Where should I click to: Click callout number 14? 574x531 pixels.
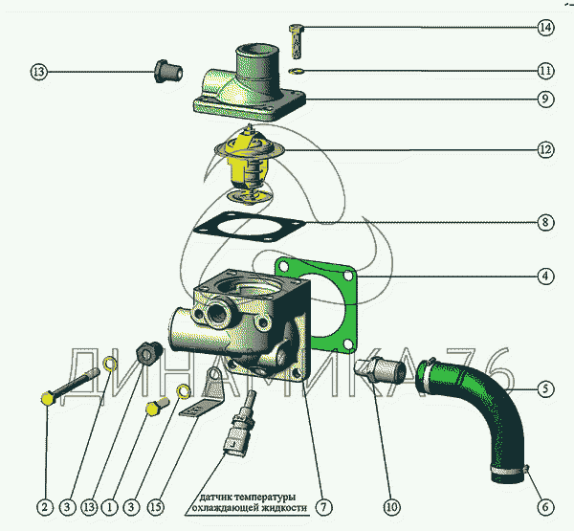tap(545, 28)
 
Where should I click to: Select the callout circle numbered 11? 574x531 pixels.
tap(545, 70)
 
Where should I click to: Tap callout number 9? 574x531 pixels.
tap(545, 99)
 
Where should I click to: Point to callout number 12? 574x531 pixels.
tap(545, 149)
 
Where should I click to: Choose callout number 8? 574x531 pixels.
tap(545, 223)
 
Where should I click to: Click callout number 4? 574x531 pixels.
tap(545, 277)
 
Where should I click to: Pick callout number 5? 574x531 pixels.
tap(545, 389)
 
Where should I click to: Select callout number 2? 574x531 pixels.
tap(45, 506)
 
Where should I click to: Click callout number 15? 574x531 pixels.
tap(156, 506)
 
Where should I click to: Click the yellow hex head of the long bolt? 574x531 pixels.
tap(47, 397)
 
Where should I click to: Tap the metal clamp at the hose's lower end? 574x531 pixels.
tap(509, 469)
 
